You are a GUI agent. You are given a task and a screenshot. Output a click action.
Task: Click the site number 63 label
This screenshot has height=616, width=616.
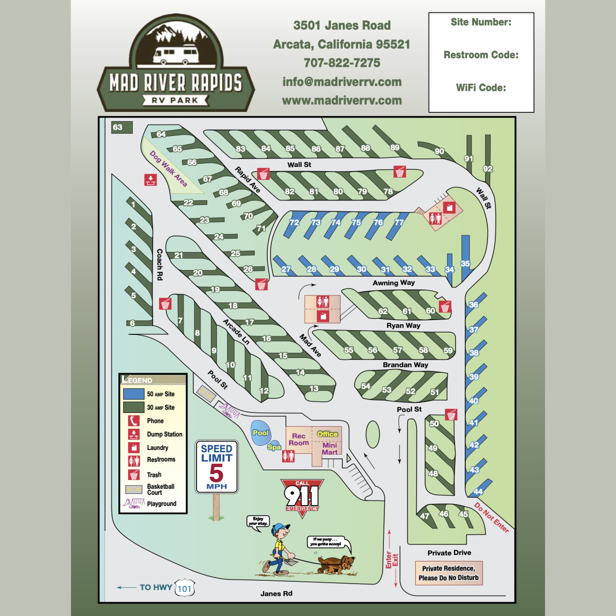118,127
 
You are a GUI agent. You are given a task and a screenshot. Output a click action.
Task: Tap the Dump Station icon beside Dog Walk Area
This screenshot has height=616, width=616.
150,180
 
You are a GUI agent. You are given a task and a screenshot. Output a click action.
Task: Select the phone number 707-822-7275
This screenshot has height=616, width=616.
342,63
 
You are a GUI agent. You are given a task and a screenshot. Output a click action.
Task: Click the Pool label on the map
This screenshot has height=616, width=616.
260,433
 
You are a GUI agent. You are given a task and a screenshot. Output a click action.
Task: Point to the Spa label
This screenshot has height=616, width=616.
274,447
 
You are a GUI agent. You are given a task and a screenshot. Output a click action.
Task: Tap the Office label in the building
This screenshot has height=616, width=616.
327,434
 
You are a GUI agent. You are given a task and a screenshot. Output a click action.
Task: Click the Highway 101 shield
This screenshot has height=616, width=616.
185,589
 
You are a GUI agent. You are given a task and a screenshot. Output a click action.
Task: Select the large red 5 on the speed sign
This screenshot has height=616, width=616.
216,473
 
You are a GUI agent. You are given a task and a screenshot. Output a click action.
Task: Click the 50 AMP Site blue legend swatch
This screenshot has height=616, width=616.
134,394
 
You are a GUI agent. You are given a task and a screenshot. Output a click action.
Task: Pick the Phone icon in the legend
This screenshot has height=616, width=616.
134,421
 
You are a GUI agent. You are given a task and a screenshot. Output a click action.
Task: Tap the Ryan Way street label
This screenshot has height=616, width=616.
403,325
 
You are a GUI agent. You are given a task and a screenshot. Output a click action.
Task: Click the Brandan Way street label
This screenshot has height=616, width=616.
405,365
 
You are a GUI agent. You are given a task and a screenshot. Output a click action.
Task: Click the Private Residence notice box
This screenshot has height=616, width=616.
448,573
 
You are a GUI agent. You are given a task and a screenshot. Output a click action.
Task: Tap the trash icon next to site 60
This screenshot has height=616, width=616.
445,306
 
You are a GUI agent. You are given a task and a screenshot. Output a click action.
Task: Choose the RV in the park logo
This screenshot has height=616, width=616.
176,54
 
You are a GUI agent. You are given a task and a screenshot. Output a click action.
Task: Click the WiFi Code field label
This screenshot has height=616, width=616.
481,88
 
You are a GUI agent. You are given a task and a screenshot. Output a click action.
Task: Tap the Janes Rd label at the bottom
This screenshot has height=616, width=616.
276,593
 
